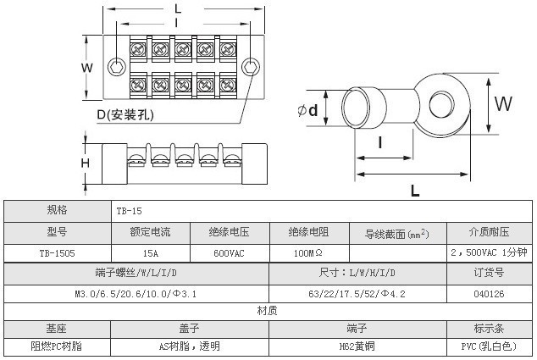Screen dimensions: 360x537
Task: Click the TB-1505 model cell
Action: click(58, 252)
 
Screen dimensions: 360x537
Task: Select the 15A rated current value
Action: click(150, 252)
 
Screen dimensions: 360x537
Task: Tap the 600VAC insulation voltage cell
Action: click(229, 252)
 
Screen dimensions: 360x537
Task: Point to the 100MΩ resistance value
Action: click(307, 252)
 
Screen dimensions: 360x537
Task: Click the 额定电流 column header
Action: click(150, 231)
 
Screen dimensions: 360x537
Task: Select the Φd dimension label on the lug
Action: click(308, 110)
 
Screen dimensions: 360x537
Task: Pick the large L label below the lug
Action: click(415, 191)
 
